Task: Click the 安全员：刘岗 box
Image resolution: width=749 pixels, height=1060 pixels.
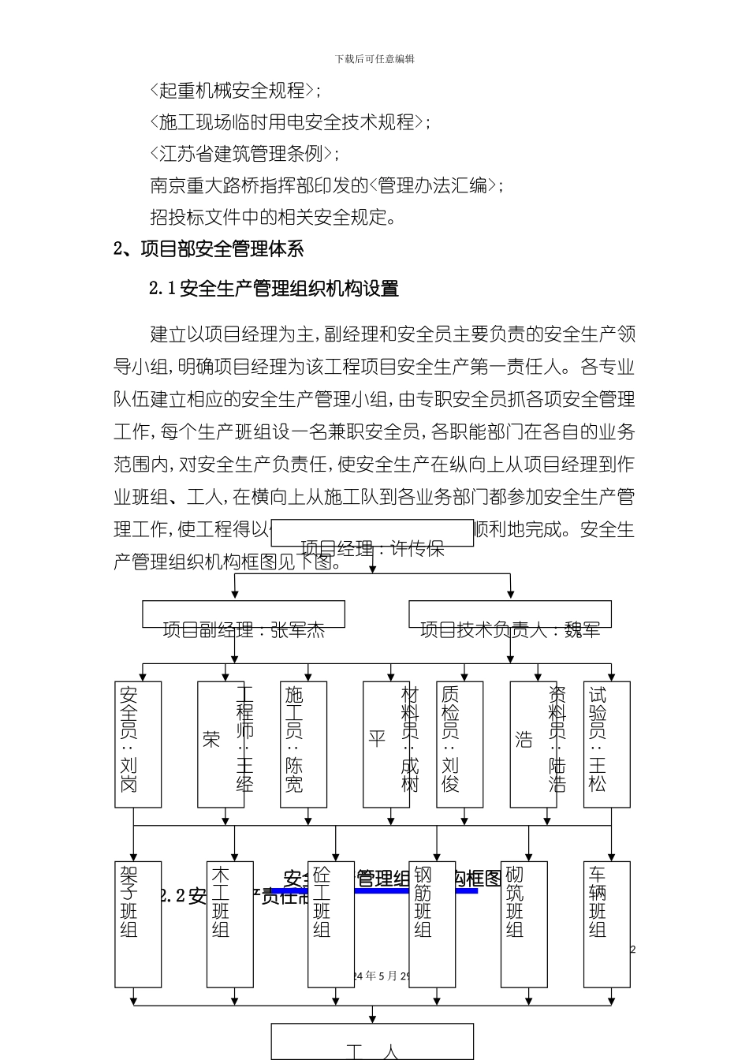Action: pyautogui.click(x=138, y=744)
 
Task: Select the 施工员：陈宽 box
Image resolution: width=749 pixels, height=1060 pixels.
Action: pyautogui.click(x=303, y=744)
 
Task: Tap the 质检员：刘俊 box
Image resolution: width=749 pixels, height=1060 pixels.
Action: pyautogui.click(x=459, y=744)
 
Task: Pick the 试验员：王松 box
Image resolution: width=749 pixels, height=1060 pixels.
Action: pyautogui.click(x=606, y=744)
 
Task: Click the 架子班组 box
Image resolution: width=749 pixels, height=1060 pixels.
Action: pyautogui.click(x=138, y=924)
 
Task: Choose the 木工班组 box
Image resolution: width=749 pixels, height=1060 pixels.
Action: pyautogui.click(x=229, y=924)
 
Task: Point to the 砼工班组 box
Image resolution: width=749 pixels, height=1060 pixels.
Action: pyautogui.click(x=330, y=924)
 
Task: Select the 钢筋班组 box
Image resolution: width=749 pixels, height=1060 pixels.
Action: pyautogui.click(x=431, y=924)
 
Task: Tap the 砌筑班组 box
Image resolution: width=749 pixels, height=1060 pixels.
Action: pyautogui.click(x=524, y=924)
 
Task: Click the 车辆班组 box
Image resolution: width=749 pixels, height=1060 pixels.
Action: pyautogui.click(x=606, y=924)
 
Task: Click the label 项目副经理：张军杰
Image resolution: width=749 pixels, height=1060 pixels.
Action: pyautogui.click(x=244, y=629)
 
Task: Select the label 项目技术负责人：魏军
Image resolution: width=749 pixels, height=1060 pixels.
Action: pyautogui.click(x=510, y=629)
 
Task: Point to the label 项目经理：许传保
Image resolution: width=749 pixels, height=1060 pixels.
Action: pyautogui.click(x=372, y=548)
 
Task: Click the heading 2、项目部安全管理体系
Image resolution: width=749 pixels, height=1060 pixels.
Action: pyautogui.click(x=209, y=249)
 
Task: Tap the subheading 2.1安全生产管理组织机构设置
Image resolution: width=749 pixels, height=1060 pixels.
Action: pyautogui.click(x=274, y=289)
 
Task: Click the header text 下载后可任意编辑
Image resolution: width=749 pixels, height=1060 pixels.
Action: pyautogui.click(x=374, y=59)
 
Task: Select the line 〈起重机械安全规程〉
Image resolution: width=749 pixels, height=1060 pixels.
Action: pyautogui.click(x=234, y=91)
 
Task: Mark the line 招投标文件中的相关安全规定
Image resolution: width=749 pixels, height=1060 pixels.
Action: pyautogui.click(x=273, y=217)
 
